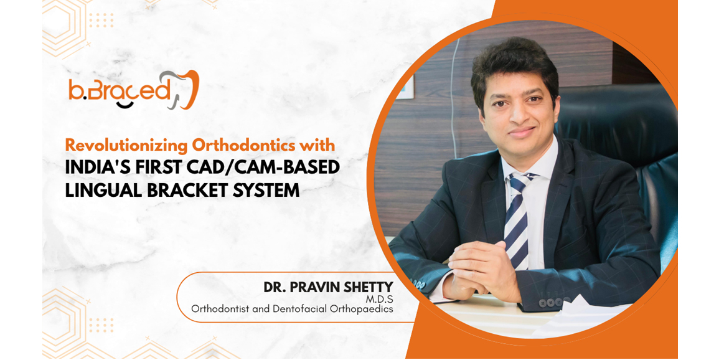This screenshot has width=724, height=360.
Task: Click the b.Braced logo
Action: pos(133,90)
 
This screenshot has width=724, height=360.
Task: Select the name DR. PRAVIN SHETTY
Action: pos(328,287)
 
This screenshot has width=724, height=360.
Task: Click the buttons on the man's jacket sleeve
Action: pos(548,303)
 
